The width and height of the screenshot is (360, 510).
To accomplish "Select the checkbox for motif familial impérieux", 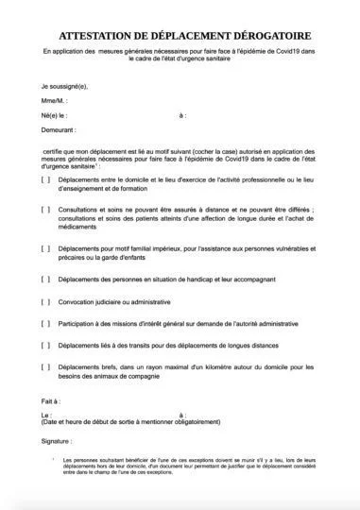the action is (x=46, y=248).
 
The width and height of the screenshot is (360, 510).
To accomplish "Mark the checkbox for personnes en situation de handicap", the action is (x=46, y=279).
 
